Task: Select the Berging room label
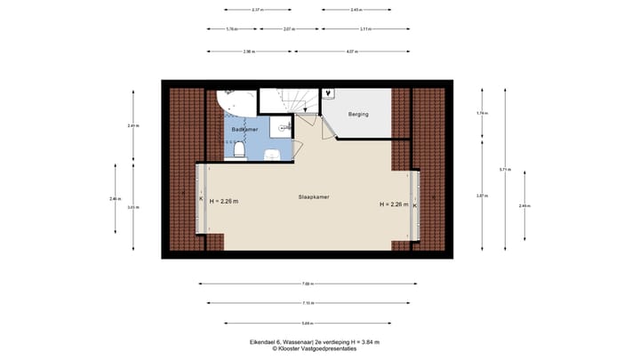click(357, 115)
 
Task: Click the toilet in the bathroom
click(239, 152)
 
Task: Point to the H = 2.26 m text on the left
click(224, 202)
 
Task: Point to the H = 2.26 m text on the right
click(393, 204)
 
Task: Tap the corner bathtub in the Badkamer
click(232, 104)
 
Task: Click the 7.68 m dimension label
click(307, 284)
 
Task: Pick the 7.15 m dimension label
click(307, 303)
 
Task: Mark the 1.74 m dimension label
click(481, 114)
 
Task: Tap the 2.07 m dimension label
click(289, 29)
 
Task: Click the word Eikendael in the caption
click(264, 341)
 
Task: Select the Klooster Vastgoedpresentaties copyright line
click(307, 348)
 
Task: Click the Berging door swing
click(329, 129)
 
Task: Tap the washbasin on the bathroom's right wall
click(284, 129)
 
